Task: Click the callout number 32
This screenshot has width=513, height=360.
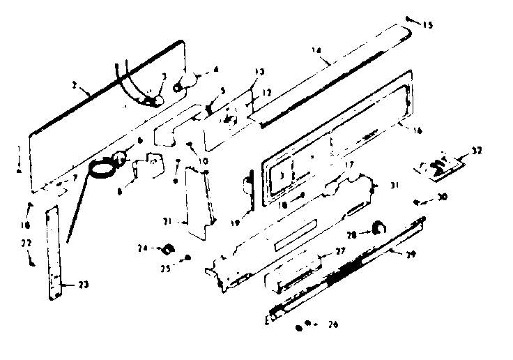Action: pos(476,151)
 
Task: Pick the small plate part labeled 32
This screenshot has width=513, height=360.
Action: pos(438,168)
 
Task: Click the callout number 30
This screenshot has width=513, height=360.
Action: pos(443,197)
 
